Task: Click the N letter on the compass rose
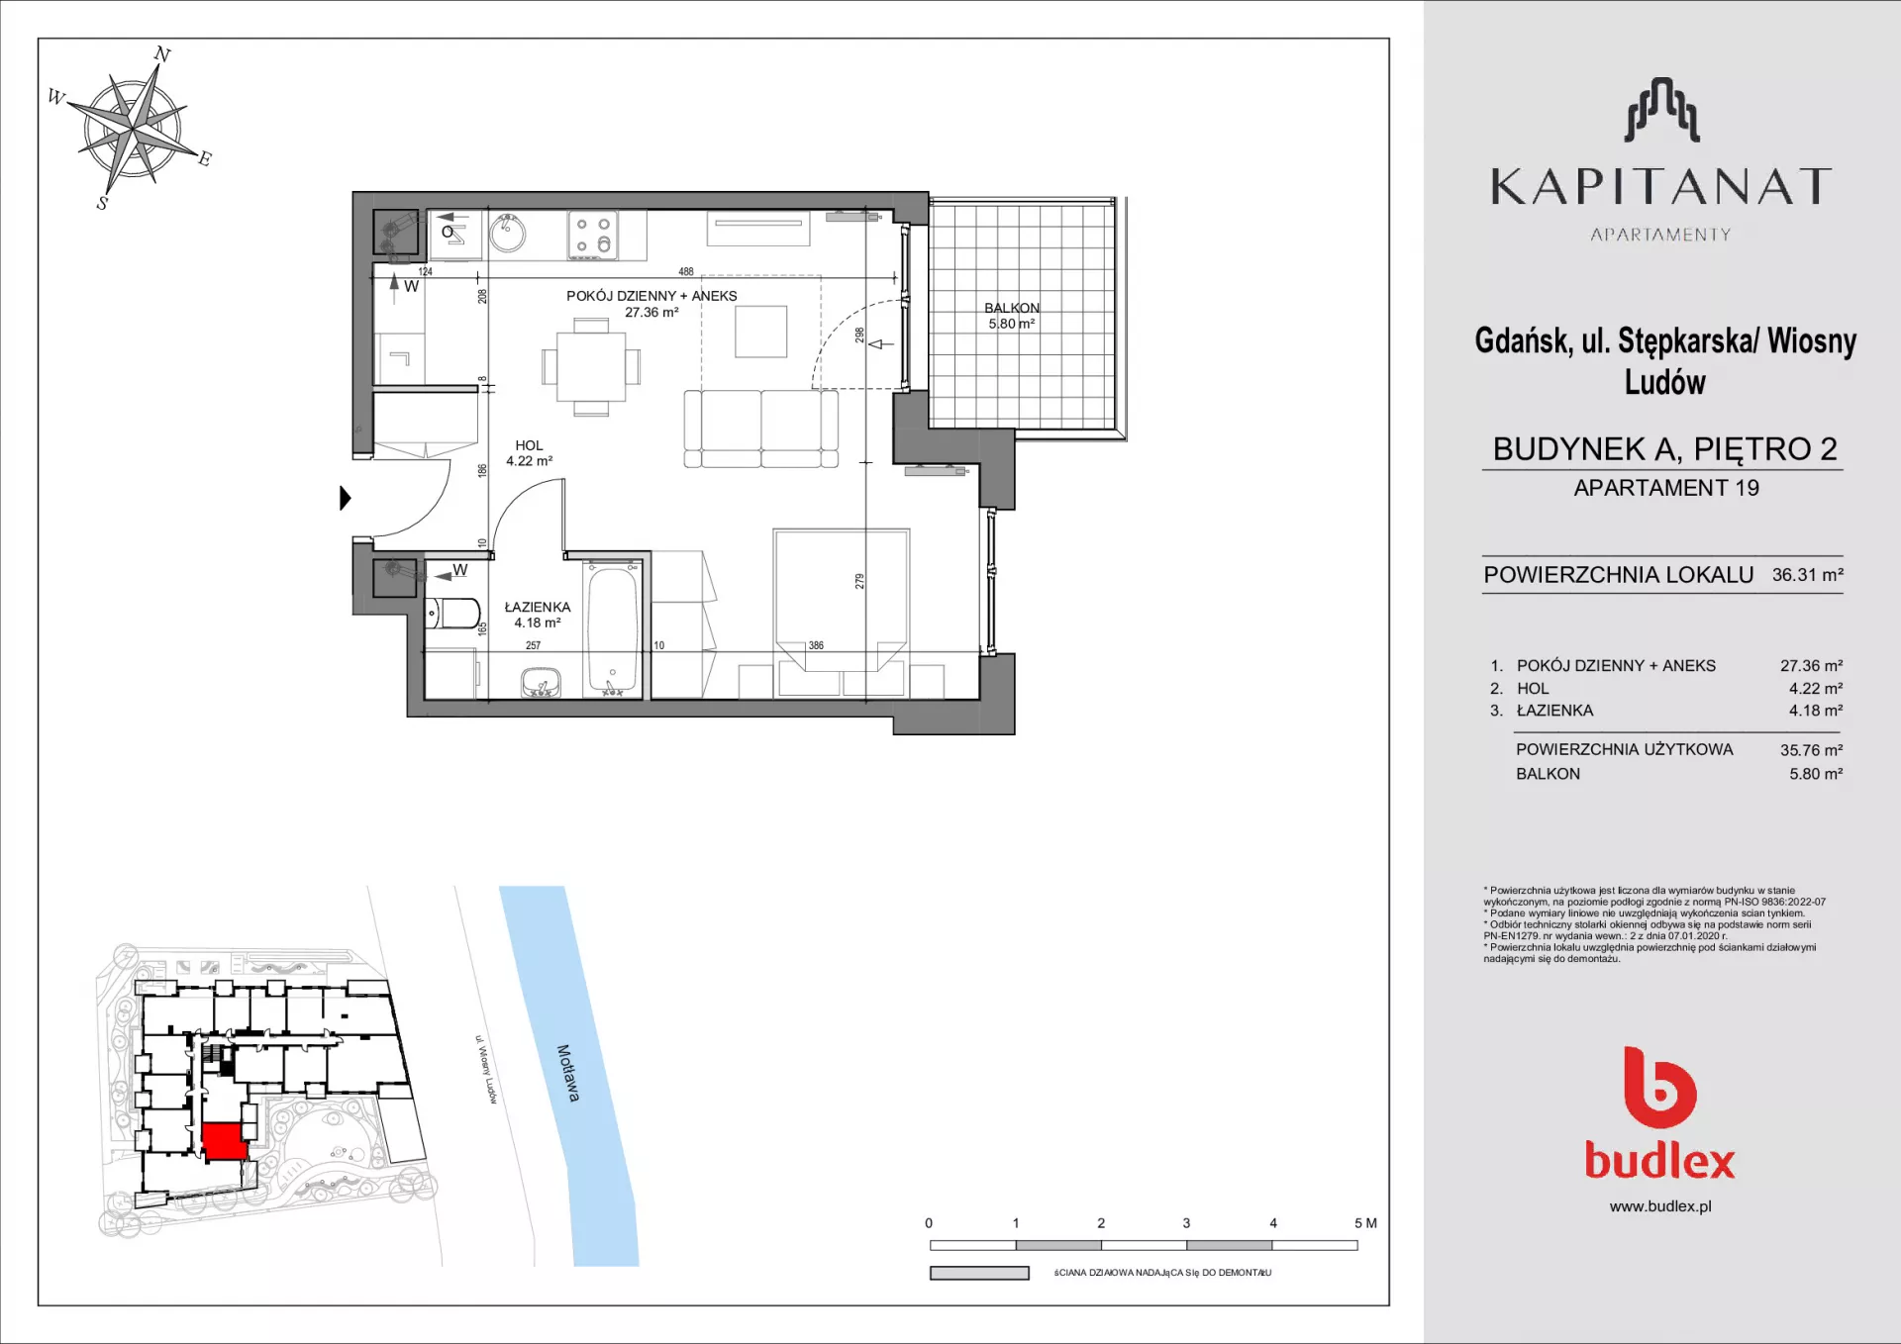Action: coord(163,54)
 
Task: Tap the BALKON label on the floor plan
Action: coord(1012,308)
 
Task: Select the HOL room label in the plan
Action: coord(529,445)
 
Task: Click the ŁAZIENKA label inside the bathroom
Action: coord(538,607)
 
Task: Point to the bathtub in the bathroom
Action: coord(613,628)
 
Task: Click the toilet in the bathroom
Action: coord(452,614)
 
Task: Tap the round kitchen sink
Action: coord(508,234)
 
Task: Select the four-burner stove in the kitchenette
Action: coord(593,236)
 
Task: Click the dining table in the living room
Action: coord(591,366)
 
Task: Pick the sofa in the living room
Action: coord(761,429)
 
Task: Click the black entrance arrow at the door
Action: coord(346,498)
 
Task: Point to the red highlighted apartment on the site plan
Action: coord(225,1141)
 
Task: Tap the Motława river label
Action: coord(567,1073)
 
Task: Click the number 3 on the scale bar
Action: coord(1186,1223)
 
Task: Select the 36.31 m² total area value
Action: coord(1808,574)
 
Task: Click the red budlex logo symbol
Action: coord(1660,1087)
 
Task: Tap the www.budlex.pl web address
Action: coord(1660,1206)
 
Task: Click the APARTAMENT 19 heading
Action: coord(1666,488)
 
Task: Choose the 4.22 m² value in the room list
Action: coord(1816,689)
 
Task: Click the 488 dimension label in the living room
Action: coord(686,271)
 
